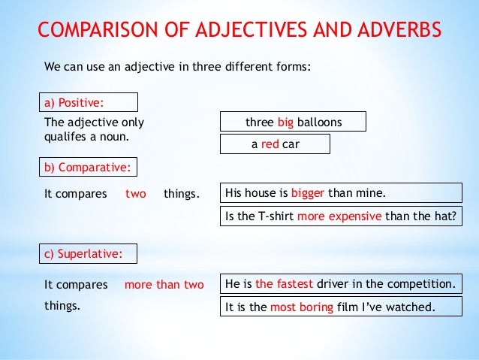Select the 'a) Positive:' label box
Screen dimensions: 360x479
[89, 102]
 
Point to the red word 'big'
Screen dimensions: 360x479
[285, 123]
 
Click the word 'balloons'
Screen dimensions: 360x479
[319, 123]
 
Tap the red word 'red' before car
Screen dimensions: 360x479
[270, 144]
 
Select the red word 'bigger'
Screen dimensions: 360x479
[308, 194]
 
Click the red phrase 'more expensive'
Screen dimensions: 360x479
[340, 217]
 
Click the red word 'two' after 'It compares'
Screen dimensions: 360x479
[136, 194]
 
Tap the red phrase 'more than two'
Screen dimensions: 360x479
[164, 285]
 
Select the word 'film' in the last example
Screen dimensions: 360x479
[351, 307]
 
